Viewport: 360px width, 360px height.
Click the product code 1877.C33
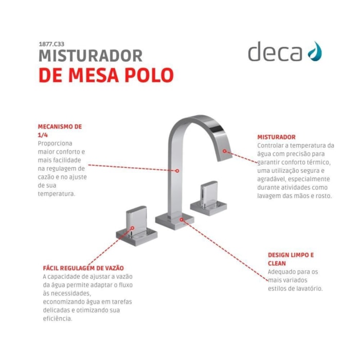pos(51,44)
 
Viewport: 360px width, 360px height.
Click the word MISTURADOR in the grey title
pos(91,56)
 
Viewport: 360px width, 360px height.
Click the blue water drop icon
pos(315,51)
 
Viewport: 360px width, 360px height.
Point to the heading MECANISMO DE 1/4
pos(60,131)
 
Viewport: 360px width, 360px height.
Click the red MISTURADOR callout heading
pos(277,137)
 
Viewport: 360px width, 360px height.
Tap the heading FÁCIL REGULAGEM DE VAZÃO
pos(83,268)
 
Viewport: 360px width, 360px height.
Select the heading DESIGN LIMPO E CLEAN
pos(291,259)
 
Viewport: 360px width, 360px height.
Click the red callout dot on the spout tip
pos(225,151)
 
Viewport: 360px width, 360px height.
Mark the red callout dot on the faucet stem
pos(177,171)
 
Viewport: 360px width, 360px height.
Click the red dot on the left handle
pos(133,228)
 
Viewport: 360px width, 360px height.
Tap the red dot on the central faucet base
pos(182,220)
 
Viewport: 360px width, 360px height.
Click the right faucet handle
pos(209,193)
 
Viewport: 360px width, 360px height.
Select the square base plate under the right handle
pos(208,208)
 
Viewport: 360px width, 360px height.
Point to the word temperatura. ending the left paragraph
pos(57,194)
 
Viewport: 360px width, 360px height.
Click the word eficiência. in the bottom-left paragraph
pos(58,319)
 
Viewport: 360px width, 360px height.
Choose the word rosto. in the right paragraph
pos(325,196)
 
